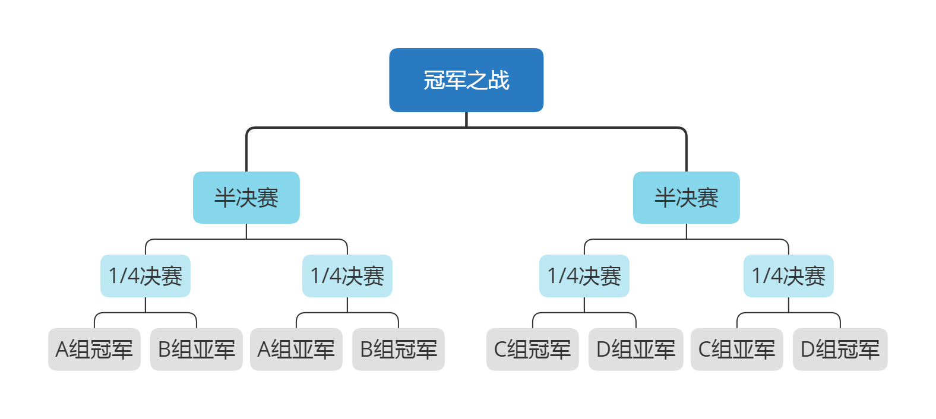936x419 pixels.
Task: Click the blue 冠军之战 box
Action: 466,80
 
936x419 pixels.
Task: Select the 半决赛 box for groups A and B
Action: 246,198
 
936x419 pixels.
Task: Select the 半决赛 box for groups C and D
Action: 686,198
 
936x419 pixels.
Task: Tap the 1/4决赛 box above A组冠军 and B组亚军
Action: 146,276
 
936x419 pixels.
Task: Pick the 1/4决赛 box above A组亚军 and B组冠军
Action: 347,276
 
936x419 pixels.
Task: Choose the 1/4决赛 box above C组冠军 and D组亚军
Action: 584,276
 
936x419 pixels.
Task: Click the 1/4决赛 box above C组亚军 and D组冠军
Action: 788,276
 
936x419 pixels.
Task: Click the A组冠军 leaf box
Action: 94,350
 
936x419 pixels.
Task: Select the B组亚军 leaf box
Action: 197,350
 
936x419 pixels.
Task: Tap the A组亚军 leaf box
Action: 296,350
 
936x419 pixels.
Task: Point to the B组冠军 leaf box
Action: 399,350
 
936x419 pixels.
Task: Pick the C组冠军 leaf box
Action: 533,350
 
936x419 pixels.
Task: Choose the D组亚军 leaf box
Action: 636,350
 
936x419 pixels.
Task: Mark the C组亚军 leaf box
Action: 737,350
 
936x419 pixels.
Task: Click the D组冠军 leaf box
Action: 840,350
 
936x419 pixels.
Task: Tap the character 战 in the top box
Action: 499,80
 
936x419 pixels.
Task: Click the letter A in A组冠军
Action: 62,350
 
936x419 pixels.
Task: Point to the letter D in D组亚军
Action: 603,350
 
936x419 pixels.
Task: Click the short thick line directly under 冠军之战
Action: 466,119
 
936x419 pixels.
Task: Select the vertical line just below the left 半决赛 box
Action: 246,231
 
